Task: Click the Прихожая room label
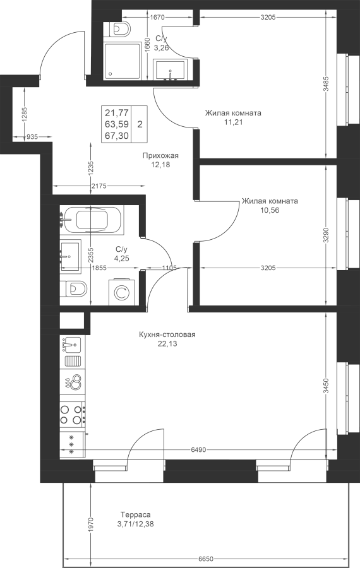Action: (x=160, y=156)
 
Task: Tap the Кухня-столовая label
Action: (x=167, y=334)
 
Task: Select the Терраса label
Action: (x=135, y=514)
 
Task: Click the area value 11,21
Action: (x=233, y=122)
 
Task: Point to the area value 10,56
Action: (x=270, y=210)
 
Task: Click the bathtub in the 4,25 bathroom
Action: (x=92, y=220)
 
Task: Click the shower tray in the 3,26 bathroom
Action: (x=123, y=61)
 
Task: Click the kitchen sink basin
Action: (x=71, y=345)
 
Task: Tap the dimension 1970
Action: (x=91, y=524)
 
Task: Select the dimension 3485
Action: (x=327, y=84)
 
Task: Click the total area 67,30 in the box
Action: (x=117, y=136)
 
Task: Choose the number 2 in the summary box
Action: (x=140, y=124)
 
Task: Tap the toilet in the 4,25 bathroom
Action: (x=74, y=288)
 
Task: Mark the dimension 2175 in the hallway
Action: (x=99, y=187)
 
